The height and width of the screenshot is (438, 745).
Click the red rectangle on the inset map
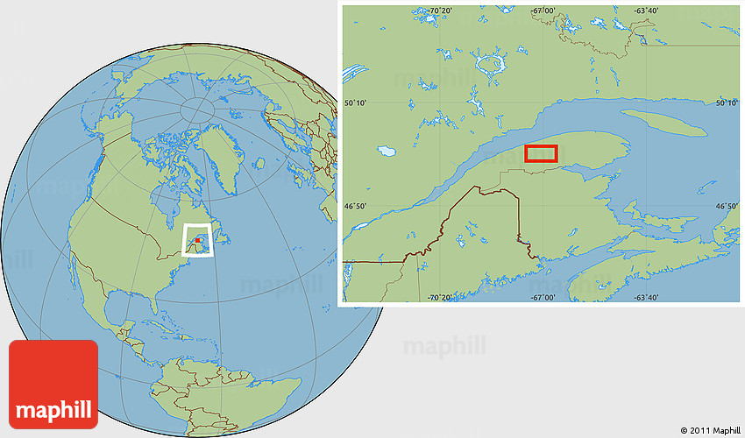click(541, 154)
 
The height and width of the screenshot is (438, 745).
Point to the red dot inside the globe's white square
click(199, 237)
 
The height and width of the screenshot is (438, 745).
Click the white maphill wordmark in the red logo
click(53, 409)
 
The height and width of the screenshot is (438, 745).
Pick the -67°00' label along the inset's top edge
click(543, 11)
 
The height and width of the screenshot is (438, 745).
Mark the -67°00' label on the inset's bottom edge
click(543, 298)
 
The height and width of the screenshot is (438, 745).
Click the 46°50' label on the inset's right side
click(727, 207)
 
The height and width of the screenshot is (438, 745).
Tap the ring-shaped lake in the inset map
click(488, 63)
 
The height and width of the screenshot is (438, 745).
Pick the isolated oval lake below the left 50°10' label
click(387, 152)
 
